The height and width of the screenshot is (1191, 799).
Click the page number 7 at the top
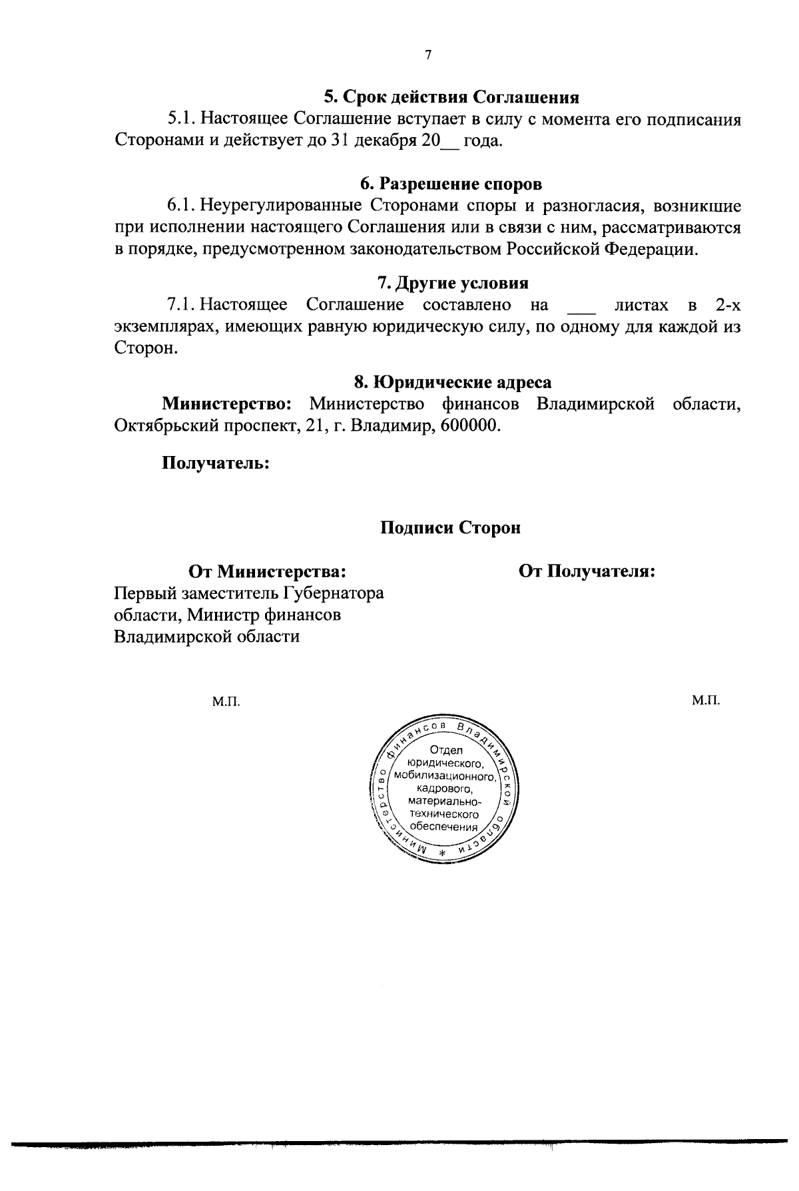click(x=429, y=55)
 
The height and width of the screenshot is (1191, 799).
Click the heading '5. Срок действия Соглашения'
click(x=451, y=97)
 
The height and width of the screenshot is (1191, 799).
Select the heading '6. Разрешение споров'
click(x=451, y=183)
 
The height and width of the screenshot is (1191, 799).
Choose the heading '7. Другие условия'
click(x=453, y=284)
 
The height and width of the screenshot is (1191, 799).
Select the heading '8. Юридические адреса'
click(x=453, y=382)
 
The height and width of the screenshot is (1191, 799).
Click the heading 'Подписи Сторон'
click(x=450, y=528)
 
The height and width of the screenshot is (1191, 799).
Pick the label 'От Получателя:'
click(x=587, y=571)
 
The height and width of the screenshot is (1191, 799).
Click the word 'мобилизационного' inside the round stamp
click(x=444, y=776)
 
